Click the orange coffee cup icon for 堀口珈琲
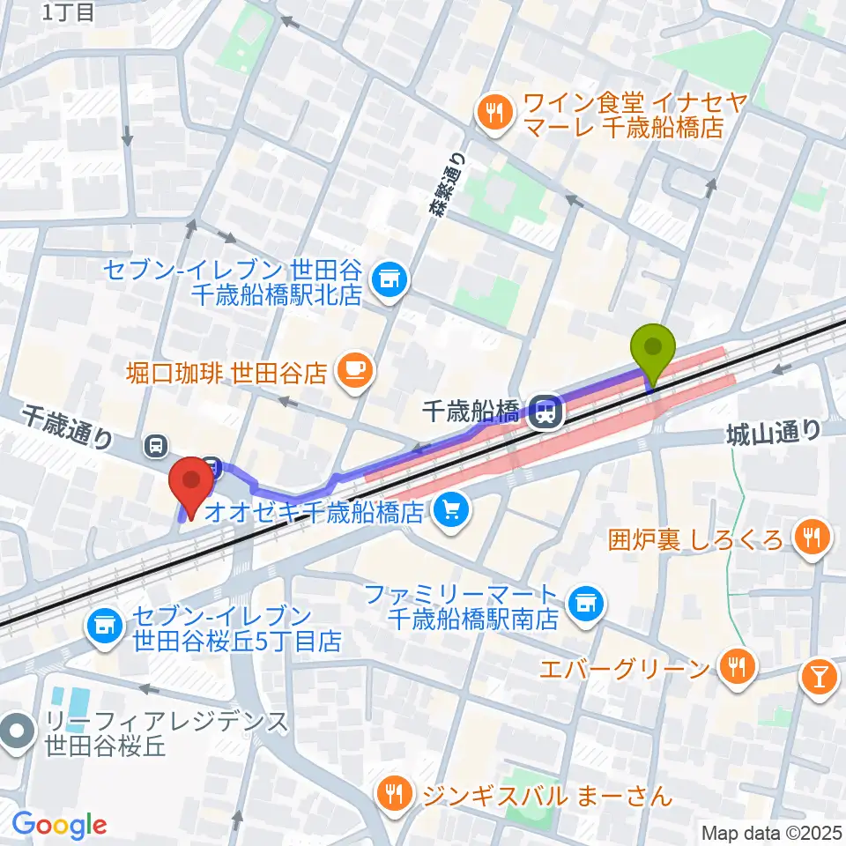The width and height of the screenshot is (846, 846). pyautogui.click(x=353, y=370)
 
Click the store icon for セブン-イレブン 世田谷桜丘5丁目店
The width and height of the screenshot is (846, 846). pyautogui.click(x=104, y=627)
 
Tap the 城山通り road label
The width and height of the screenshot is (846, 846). pyautogui.click(x=774, y=432)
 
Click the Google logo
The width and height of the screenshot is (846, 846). pyautogui.click(x=59, y=825)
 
